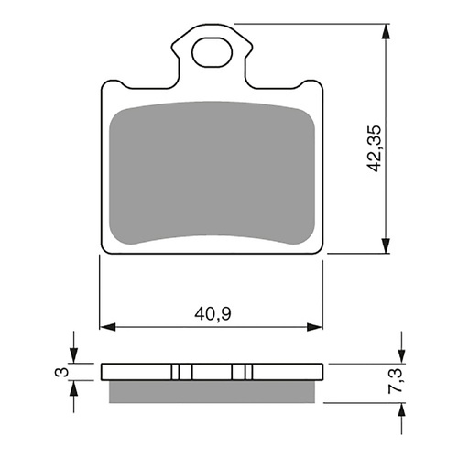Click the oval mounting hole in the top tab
click(212, 51)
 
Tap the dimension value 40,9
click(211, 314)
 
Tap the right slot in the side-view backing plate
click(244, 372)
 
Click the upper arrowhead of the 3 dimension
click(75, 358)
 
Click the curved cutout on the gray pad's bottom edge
click(212, 236)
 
